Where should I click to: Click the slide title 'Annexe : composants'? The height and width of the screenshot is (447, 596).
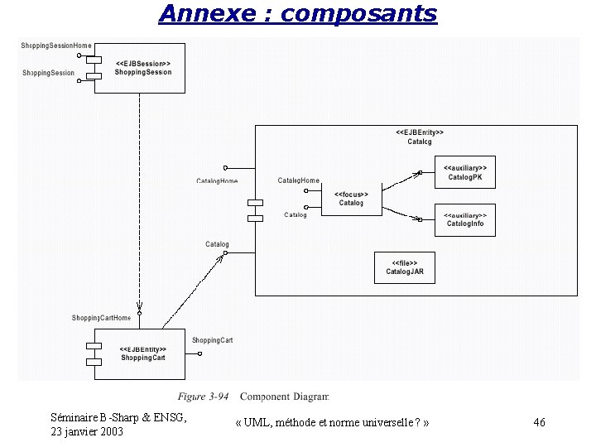(x=297, y=14)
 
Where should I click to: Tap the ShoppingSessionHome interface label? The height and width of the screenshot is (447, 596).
(x=56, y=46)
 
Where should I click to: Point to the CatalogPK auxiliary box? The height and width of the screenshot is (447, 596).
(x=464, y=173)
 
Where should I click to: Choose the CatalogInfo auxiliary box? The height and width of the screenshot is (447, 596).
(x=464, y=219)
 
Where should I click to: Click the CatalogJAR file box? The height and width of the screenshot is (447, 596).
(x=405, y=267)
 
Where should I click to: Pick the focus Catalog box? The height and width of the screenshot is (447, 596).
(x=350, y=199)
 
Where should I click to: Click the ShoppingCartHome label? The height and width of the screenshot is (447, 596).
(x=101, y=318)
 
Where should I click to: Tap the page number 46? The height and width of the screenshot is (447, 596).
(x=540, y=423)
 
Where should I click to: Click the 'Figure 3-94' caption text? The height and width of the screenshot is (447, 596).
(x=203, y=397)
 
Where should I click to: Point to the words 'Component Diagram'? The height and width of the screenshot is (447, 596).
(x=284, y=397)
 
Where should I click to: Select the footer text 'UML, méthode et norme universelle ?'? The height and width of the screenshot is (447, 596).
(x=332, y=423)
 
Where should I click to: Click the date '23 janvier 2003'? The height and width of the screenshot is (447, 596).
(x=87, y=431)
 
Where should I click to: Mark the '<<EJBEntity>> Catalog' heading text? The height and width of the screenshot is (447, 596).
(x=420, y=137)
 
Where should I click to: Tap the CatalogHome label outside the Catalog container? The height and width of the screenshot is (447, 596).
(x=217, y=180)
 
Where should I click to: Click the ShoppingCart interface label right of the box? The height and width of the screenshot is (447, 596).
(x=212, y=340)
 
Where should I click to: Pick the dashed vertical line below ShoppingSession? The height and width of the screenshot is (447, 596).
(x=139, y=199)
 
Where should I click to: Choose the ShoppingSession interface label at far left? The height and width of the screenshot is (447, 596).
(x=48, y=73)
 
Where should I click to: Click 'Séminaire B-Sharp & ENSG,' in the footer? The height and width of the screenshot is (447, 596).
(x=118, y=417)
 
